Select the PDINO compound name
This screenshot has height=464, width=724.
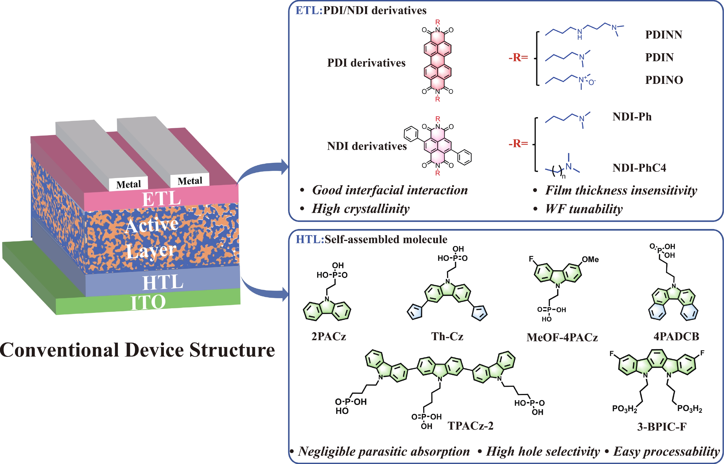point(664,80)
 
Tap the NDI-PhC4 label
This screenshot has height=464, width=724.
point(639,168)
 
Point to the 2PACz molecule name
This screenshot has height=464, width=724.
point(328,336)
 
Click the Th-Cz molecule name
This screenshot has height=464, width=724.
point(447,336)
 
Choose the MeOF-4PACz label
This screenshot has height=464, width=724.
point(562,337)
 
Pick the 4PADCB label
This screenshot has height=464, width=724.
point(676,336)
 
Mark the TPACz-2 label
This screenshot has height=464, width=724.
point(470,426)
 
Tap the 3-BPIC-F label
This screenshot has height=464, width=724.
point(662,427)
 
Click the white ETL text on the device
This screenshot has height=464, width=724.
point(161,199)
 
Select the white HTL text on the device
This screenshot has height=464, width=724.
point(163,282)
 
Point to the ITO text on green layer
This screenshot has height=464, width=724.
point(148,302)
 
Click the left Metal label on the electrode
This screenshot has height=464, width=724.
point(128,184)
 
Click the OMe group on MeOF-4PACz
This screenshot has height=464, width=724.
point(590,259)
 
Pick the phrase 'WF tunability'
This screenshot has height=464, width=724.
point(584,209)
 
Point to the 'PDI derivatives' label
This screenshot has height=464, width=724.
point(366,63)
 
